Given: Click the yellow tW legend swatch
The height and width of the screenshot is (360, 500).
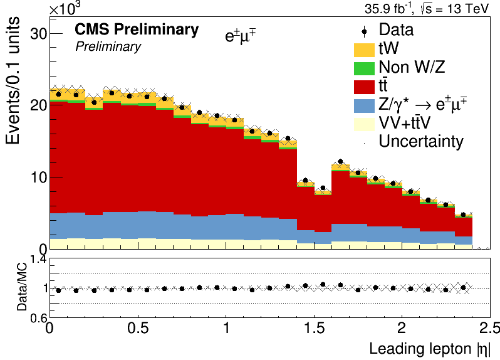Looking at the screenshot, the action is (364, 50).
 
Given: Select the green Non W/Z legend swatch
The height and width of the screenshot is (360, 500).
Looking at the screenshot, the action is (364, 68).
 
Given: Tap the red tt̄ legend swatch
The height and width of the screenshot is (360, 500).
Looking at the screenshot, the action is (364, 87).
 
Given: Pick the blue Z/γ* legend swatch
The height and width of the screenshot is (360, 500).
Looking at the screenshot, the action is (364, 106).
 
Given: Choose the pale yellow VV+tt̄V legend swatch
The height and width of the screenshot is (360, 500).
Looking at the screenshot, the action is (364, 124).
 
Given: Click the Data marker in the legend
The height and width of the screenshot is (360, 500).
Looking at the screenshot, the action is (364, 31).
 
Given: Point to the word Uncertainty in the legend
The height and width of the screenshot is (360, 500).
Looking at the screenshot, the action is (421, 142).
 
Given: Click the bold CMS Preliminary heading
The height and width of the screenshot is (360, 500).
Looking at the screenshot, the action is (137, 29).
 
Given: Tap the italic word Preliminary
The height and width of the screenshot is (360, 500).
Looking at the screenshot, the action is (108, 47).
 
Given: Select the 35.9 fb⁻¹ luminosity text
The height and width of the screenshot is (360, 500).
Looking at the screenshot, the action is (389, 8).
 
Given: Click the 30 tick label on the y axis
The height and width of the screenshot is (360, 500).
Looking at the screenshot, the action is (39, 33).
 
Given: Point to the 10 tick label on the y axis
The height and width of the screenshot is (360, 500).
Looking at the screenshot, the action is (39, 177).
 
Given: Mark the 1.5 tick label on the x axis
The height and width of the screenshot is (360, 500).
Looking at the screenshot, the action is (315, 328).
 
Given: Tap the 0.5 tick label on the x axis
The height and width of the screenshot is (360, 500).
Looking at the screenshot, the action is (138, 328).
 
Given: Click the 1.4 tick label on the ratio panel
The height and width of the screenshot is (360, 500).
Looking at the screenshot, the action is (39, 260).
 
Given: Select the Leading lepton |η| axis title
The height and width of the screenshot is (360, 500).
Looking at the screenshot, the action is (430, 349).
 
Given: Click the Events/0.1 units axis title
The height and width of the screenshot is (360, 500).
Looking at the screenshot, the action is (13, 80).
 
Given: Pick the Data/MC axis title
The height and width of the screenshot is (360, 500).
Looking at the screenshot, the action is (22, 287).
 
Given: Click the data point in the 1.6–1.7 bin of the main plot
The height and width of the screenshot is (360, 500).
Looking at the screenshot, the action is (341, 161).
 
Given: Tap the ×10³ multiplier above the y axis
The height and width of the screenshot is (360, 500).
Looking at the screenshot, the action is (65, 8).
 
